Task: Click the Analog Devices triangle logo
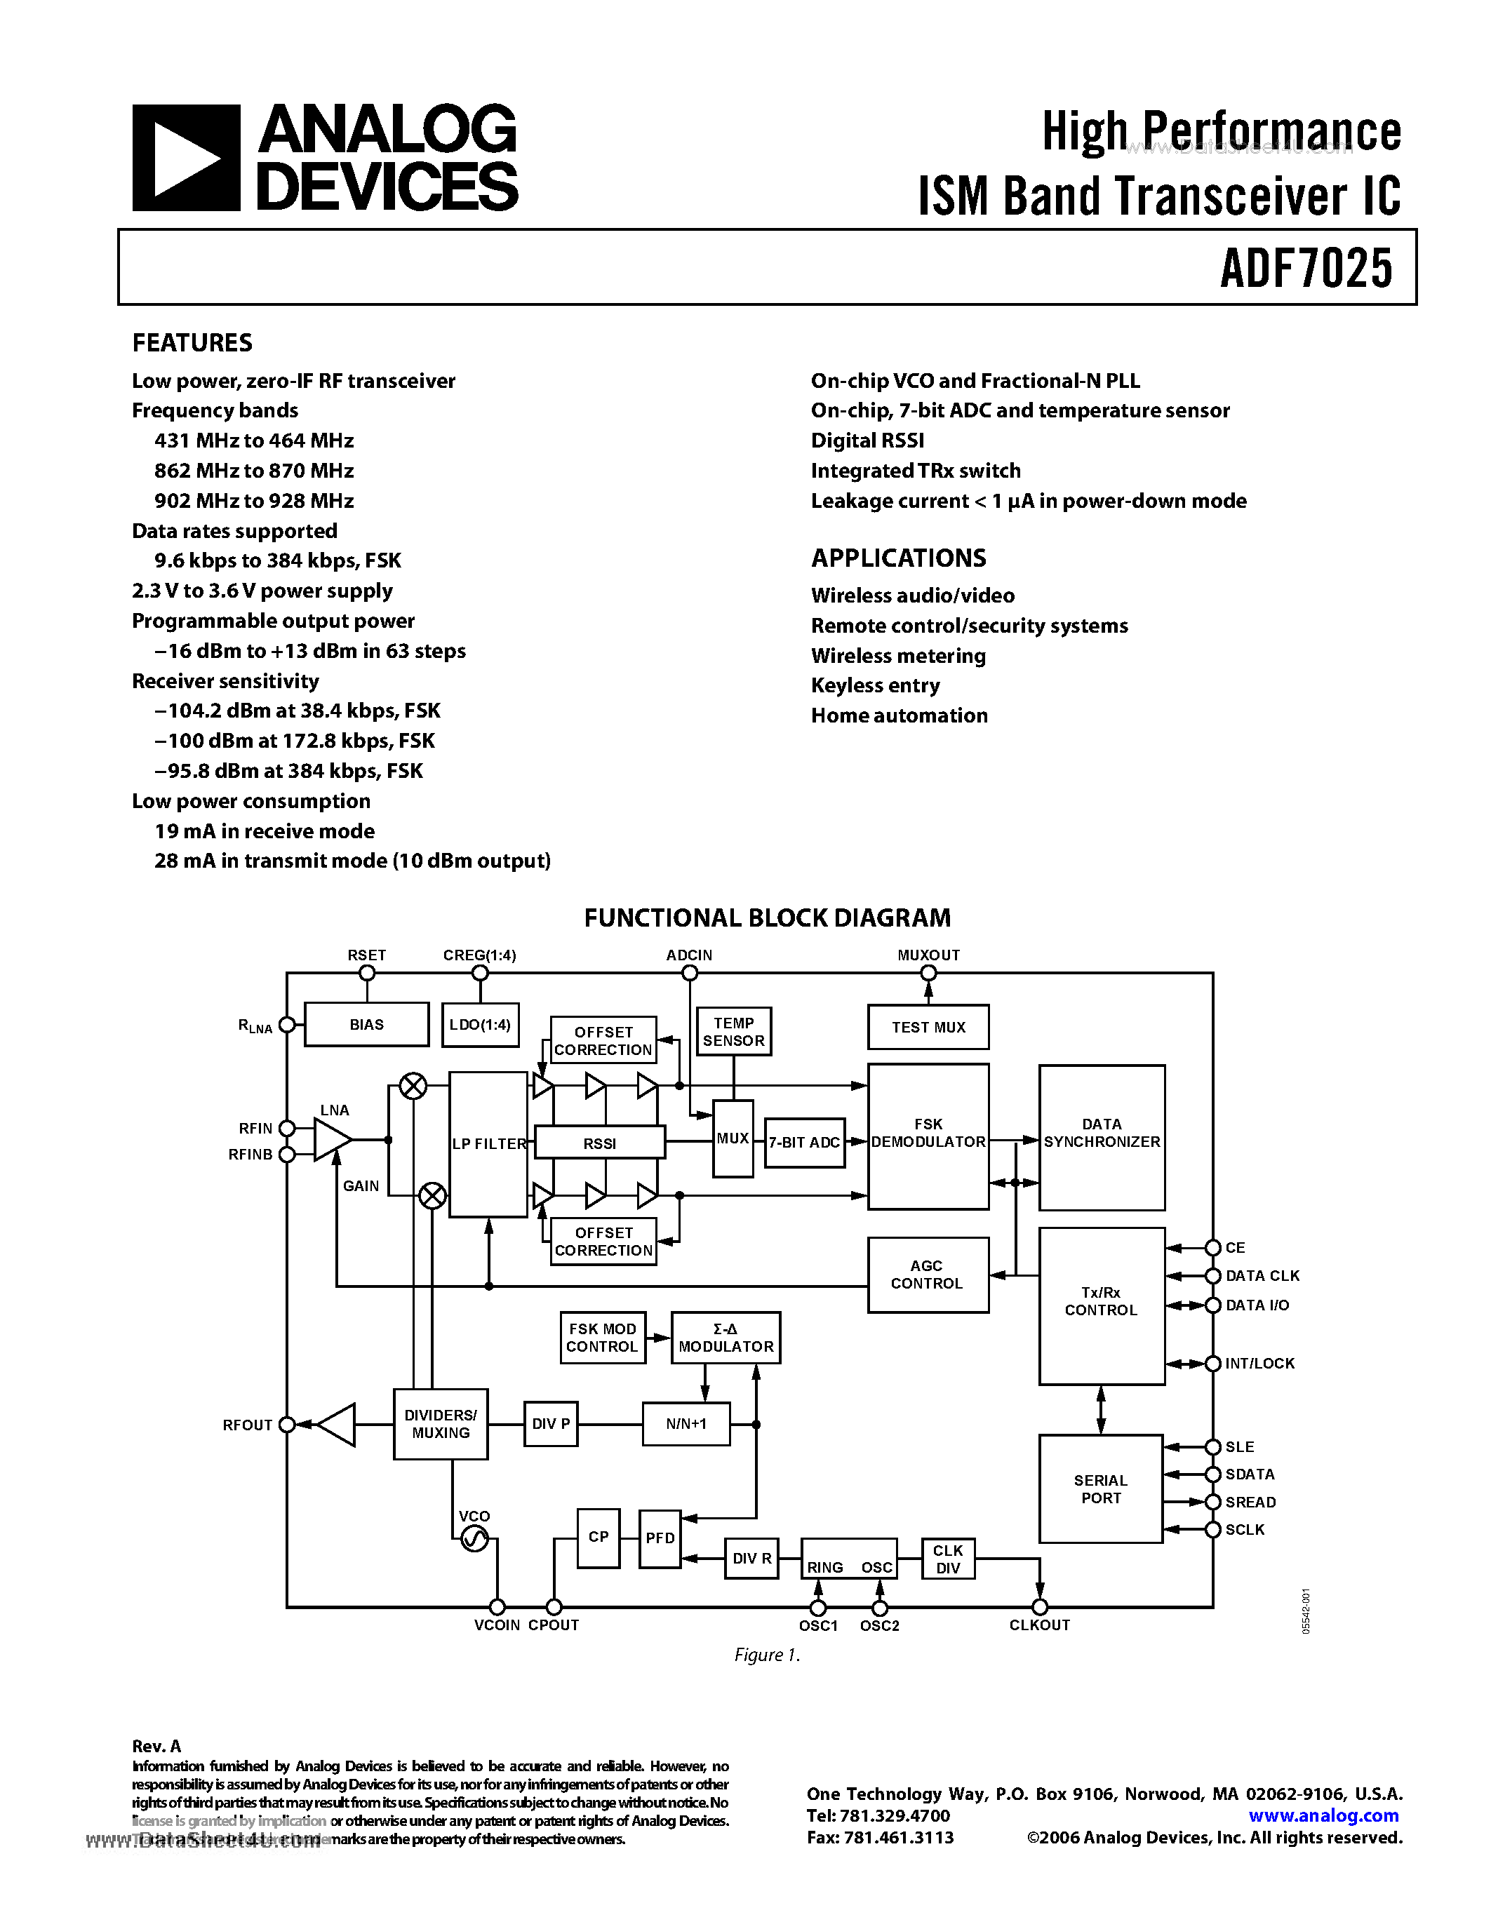[x=185, y=158]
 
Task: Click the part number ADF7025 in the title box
[x=1306, y=269]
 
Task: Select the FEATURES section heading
[x=192, y=343]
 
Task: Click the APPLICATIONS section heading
[x=897, y=558]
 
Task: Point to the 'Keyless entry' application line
[x=874, y=685]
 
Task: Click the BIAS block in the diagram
[x=366, y=1025]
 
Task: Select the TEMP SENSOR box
[x=733, y=1032]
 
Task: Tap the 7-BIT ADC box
[x=804, y=1142]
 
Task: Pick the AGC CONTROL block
[x=927, y=1275]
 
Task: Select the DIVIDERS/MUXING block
[x=440, y=1424]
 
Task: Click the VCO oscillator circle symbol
[x=474, y=1540]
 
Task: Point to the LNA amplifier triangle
[x=331, y=1139]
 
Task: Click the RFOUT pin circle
[x=287, y=1425]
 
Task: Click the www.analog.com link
[x=1323, y=1816]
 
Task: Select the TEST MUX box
[x=928, y=1027]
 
